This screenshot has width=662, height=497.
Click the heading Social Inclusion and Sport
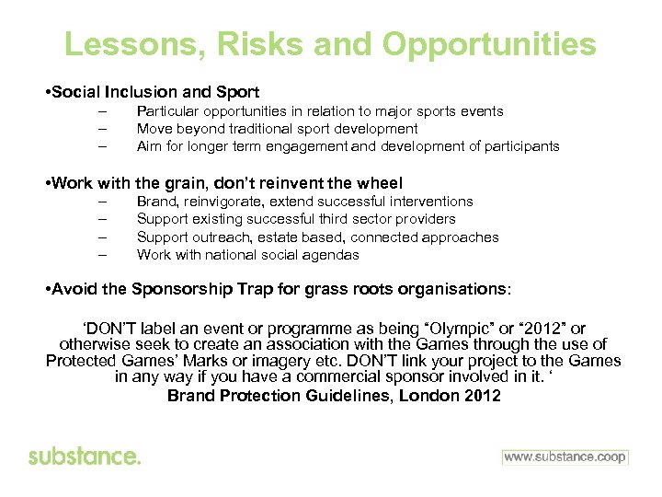(155, 92)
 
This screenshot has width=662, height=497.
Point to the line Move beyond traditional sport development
(277, 129)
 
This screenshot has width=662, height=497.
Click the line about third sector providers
(295, 219)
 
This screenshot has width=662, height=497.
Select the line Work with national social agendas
(247, 255)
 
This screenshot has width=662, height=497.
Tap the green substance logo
(85, 457)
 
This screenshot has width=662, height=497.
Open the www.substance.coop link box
(565, 457)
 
